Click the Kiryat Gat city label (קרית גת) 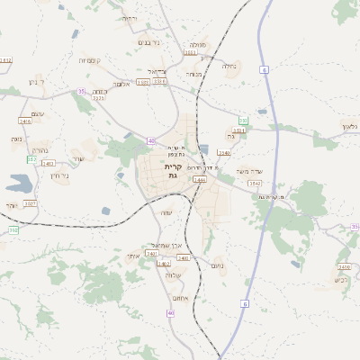click(173, 171)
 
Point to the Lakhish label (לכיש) click(339, 280)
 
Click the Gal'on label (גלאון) click(350, 126)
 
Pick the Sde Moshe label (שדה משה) click(248, 171)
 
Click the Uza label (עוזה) click(166, 212)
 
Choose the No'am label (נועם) click(216, 265)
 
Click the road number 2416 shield click(24, 120)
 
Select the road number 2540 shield click(223, 153)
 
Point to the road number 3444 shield click(199, 179)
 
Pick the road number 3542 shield click(255, 184)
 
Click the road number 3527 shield click(30, 203)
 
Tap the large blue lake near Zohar click(19, 184)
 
